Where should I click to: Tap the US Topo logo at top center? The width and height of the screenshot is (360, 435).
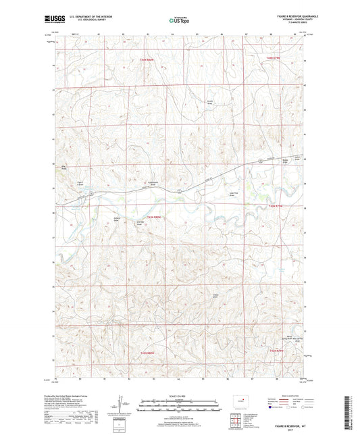(178, 21)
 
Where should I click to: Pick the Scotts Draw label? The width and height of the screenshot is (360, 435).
(210, 103)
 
